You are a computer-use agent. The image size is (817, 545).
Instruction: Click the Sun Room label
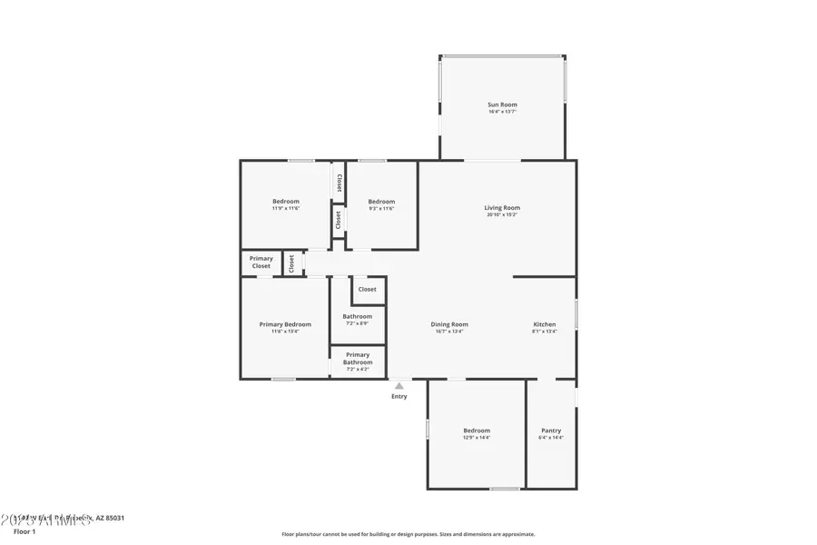(x=502, y=104)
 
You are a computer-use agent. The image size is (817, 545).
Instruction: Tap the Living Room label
(x=502, y=208)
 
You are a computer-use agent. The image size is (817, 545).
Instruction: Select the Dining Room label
(x=449, y=324)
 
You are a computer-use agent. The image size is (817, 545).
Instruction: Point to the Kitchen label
(x=545, y=324)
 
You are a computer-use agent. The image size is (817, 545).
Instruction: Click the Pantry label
(x=551, y=431)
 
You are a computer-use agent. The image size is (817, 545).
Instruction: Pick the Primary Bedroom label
(x=285, y=324)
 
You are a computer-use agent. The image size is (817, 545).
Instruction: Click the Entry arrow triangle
(x=399, y=386)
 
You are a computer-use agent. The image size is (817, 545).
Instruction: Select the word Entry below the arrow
(x=399, y=396)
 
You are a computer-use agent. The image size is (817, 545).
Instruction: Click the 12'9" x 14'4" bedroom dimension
(x=477, y=438)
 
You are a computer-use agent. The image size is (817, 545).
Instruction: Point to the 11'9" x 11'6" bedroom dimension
(x=286, y=209)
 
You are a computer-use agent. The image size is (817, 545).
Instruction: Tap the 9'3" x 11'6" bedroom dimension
(x=381, y=209)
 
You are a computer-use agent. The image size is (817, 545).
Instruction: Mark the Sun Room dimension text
(x=502, y=112)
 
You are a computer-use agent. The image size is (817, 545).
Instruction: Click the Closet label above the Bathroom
(x=367, y=290)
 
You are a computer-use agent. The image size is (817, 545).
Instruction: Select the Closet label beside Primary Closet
(x=291, y=263)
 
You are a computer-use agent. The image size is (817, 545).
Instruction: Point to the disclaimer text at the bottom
(x=408, y=534)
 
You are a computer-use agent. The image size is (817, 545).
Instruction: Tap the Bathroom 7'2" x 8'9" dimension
(x=358, y=323)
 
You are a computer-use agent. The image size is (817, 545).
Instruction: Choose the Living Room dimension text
(x=502, y=215)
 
